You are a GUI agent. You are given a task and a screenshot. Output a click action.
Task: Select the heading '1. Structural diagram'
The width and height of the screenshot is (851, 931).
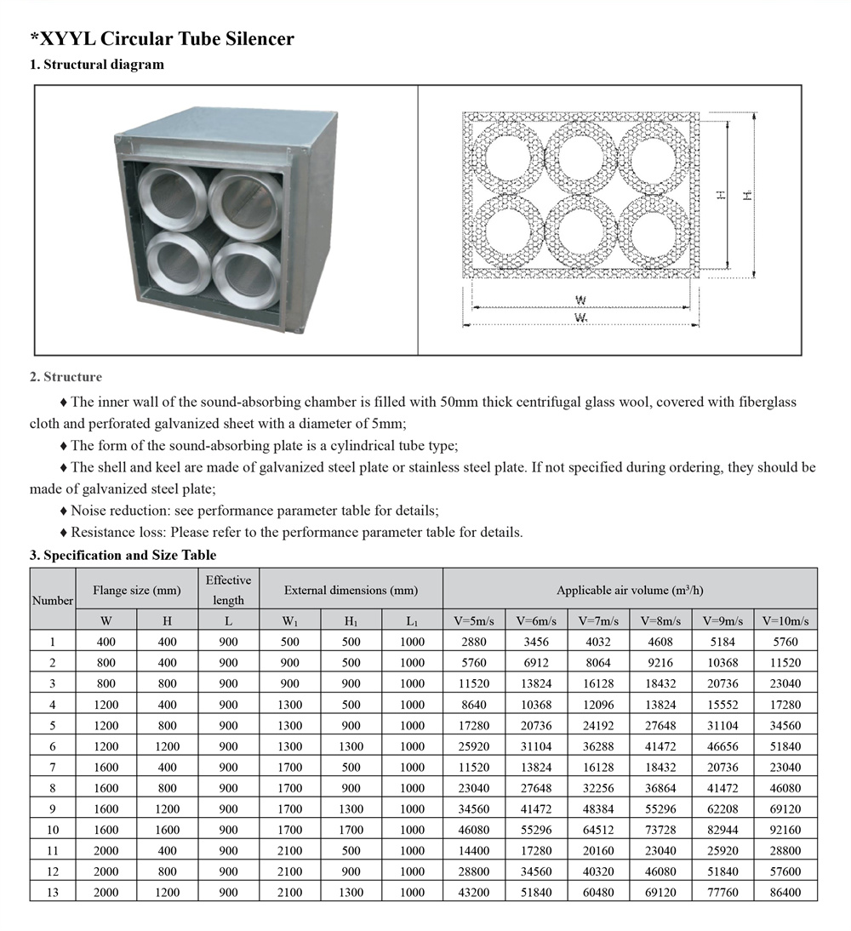coord(96,65)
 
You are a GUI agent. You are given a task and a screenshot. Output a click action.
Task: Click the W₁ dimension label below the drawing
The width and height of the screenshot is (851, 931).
coord(581,317)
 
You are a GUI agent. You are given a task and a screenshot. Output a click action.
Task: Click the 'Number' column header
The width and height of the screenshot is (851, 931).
coord(52,600)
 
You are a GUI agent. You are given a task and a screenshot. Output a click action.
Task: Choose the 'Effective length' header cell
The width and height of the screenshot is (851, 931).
coord(228,590)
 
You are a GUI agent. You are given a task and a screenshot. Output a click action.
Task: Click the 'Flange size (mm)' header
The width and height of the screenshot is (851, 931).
coord(137,590)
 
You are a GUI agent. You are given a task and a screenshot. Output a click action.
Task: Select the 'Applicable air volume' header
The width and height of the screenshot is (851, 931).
coord(630,590)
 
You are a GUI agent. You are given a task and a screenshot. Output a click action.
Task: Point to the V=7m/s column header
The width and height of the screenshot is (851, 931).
coord(598,621)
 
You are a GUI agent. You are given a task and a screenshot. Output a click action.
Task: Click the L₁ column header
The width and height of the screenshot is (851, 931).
coord(412,621)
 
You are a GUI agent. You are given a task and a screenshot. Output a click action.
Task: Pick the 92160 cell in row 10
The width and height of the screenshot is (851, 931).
coord(786,830)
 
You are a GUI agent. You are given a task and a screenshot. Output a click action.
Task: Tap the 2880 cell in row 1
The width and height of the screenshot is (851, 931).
coord(474,642)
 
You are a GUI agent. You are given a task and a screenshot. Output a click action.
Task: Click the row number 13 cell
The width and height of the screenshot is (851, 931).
coord(52,892)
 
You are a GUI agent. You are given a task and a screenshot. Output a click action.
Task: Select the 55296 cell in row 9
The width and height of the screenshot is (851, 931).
coord(661,808)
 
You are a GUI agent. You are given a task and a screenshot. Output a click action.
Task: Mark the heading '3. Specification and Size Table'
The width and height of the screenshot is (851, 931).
coord(123,555)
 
